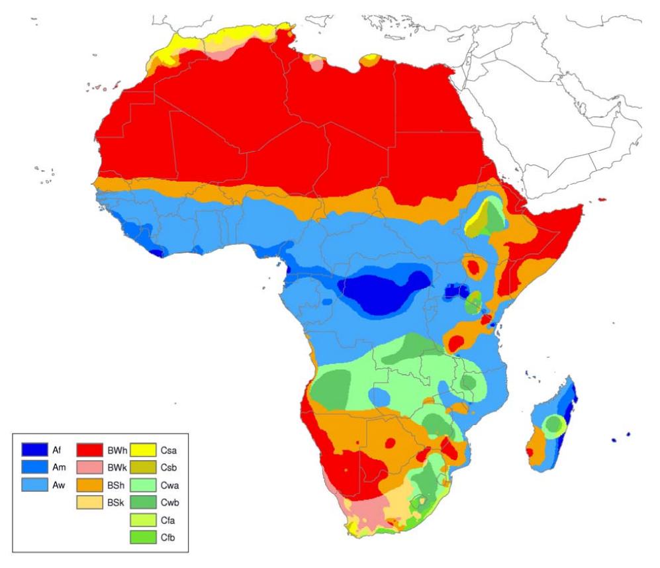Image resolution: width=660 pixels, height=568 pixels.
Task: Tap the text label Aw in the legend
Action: tap(58, 485)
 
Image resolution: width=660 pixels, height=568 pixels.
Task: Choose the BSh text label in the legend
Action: tap(115, 485)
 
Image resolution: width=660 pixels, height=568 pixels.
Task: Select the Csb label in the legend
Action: tap(170, 467)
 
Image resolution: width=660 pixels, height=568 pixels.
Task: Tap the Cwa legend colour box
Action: tap(145, 485)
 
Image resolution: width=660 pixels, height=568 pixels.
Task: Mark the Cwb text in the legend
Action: tap(170, 502)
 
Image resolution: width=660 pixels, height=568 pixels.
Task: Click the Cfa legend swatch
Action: tap(145, 520)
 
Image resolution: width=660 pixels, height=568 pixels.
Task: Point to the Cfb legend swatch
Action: tap(145, 537)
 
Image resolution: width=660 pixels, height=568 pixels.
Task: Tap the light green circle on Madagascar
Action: tap(555, 424)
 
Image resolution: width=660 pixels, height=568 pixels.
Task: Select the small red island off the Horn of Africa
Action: tap(602, 199)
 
